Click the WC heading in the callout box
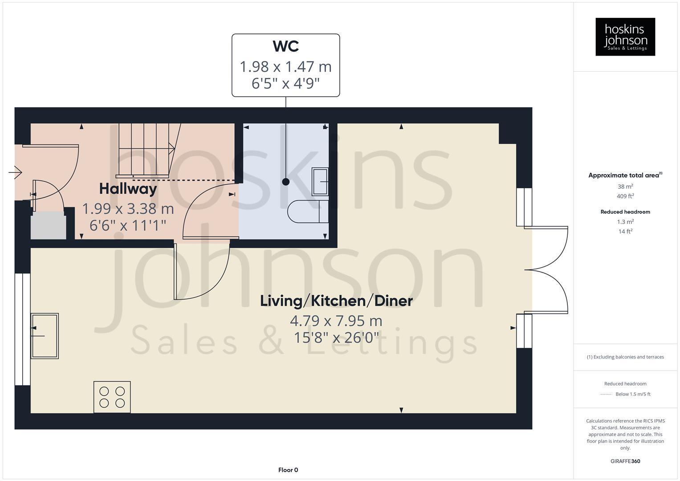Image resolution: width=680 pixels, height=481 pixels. coord(285,46)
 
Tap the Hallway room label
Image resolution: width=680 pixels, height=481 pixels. coord(128,189)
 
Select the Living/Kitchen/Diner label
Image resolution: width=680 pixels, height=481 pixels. coord(336,301)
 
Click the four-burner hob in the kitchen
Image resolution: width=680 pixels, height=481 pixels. coord(112,397)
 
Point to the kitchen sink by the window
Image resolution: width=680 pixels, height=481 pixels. coord(45,335)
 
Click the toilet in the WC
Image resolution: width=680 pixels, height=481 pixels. coord(308,212)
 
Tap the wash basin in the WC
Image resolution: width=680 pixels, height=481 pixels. coord(320,182)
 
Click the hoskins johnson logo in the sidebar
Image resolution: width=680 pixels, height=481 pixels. coord(625,37)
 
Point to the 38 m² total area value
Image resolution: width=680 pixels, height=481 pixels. coord(625,187)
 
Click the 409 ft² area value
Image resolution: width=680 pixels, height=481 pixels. coord(625,196)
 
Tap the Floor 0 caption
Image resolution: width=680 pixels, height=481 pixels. coord(288,470)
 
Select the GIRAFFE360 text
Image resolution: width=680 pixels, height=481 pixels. coord(625,461)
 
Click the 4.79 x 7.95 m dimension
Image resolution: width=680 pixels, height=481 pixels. coord(336,321)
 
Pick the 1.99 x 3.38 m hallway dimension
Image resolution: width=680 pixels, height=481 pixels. coord(128,208)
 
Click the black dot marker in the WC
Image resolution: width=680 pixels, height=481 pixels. coord(286,182)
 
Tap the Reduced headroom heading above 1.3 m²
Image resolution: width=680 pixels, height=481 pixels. coord(625,212)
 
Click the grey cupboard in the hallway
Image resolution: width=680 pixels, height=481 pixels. coord(48,225)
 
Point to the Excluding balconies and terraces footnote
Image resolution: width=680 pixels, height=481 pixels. coord(625,357)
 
